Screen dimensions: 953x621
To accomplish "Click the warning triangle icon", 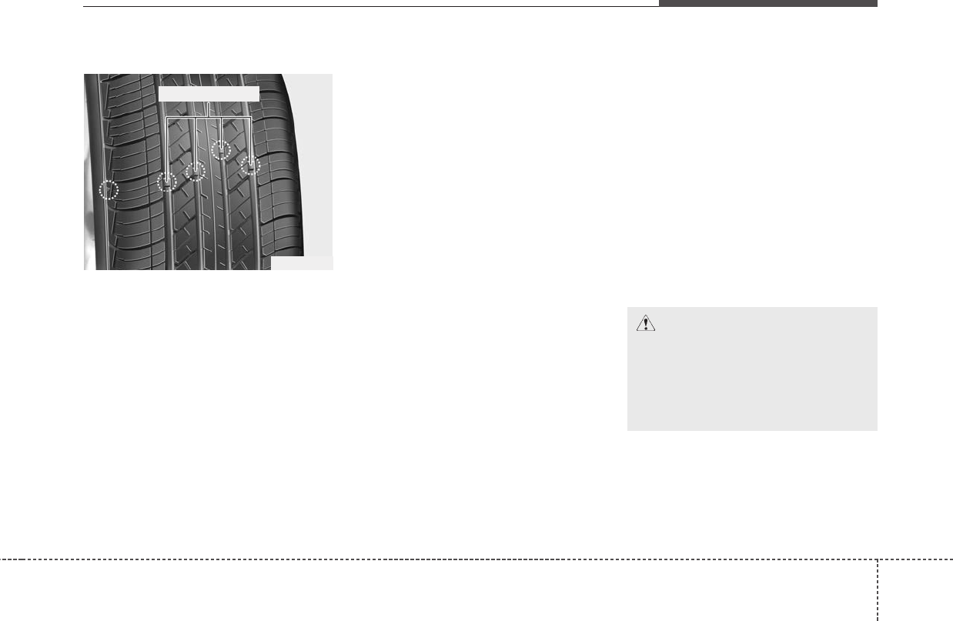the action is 645,324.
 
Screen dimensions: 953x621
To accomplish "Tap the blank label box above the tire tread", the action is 209,92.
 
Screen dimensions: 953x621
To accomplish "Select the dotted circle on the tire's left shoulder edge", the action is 110,189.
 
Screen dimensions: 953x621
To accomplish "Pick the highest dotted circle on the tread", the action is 221,149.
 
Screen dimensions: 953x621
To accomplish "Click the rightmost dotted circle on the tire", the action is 251,165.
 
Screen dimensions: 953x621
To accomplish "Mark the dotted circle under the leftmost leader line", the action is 166,182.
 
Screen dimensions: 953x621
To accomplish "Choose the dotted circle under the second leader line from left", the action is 196,172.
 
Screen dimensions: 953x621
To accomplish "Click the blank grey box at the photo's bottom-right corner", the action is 301,263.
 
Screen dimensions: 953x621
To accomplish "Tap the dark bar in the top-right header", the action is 767,4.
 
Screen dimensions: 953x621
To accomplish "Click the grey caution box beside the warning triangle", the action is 752,377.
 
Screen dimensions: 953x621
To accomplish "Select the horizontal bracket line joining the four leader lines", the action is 209,117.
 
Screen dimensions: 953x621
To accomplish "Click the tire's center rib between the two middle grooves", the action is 208,223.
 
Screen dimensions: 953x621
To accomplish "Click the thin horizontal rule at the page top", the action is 369,7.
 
